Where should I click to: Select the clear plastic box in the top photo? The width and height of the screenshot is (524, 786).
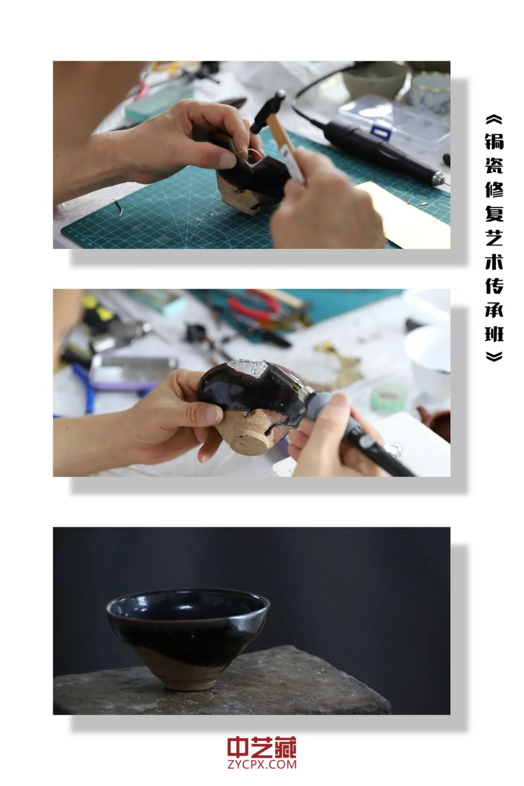tap(398, 119)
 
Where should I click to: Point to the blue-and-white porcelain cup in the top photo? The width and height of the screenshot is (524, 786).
tap(430, 92)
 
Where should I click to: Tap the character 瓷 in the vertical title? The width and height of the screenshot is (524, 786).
tap(494, 165)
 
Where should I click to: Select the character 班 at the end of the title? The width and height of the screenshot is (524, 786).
tap(494, 334)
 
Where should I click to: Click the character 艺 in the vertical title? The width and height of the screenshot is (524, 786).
tap(494, 237)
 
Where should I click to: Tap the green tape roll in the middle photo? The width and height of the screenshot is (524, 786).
tap(388, 398)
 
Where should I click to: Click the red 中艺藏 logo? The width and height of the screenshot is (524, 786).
tap(262, 748)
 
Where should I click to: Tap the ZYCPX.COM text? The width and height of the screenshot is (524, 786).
tap(262, 765)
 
